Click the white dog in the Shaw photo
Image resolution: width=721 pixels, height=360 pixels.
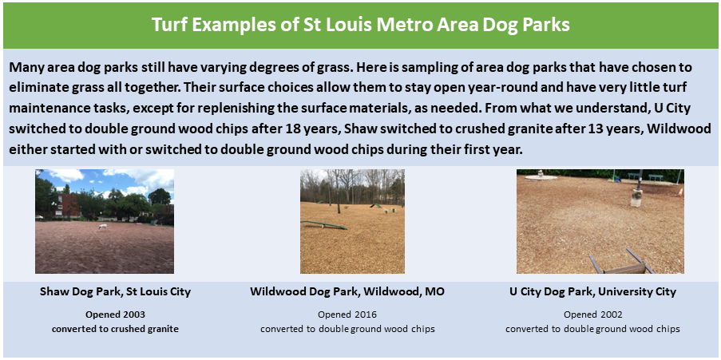(x=102, y=227)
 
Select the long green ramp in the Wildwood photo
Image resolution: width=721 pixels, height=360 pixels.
(x=324, y=225)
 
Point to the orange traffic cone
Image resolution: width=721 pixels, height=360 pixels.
(x=679, y=192)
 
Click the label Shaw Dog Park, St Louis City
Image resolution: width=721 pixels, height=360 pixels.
(x=115, y=291)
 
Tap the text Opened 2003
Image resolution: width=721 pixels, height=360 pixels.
(x=115, y=315)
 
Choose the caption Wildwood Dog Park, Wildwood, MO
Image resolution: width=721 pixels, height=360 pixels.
(x=347, y=291)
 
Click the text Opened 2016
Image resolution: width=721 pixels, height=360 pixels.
(x=347, y=315)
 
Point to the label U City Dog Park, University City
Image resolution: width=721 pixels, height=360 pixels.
(x=592, y=291)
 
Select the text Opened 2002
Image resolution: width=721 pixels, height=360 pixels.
(x=592, y=315)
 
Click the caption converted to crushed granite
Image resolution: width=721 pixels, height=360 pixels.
(x=115, y=329)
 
